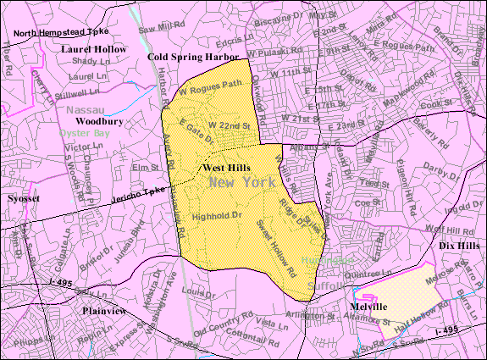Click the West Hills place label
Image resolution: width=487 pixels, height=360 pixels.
pos(226,168)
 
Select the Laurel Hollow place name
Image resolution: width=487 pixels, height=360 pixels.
pos(93,49)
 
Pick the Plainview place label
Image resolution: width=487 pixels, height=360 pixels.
pos(105,311)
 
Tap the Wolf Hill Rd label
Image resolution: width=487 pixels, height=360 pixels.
pos(435,230)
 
